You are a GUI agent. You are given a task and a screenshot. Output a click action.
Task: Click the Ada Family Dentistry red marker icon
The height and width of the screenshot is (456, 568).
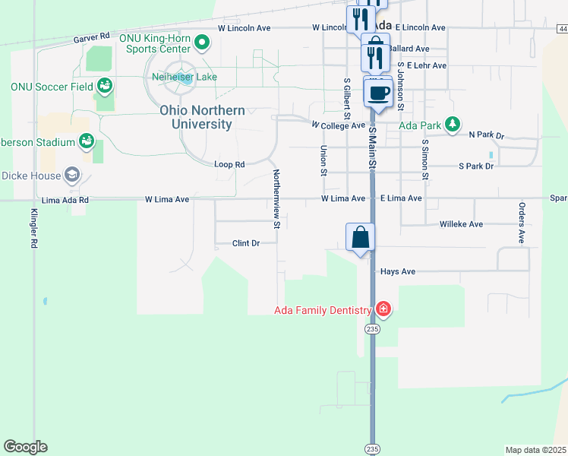(383, 309)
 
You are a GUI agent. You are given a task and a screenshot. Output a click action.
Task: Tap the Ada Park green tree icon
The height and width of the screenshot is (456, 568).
(452, 124)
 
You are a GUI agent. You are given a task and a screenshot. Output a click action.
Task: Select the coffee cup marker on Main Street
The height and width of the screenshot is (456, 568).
(378, 93)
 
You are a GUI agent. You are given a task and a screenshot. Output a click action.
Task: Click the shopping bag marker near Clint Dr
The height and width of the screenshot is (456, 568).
(361, 237)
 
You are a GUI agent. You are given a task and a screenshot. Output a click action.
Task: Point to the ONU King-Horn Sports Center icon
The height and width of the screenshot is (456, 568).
(201, 43)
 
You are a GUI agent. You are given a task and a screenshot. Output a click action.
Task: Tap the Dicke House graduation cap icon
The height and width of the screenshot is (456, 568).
(72, 175)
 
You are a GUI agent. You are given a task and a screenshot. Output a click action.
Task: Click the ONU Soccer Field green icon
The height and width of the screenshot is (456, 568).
(104, 86)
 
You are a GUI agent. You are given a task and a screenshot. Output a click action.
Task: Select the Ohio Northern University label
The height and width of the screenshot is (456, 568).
(202, 117)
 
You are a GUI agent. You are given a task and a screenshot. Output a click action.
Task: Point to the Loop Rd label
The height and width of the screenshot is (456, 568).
(229, 164)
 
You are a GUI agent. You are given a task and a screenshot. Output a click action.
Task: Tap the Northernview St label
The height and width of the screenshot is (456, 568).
(276, 198)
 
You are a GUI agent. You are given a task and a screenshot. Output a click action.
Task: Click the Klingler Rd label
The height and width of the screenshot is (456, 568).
(34, 229)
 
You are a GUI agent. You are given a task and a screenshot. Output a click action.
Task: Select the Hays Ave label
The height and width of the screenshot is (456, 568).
(397, 271)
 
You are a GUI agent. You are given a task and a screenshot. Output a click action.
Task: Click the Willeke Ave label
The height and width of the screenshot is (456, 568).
(461, 224)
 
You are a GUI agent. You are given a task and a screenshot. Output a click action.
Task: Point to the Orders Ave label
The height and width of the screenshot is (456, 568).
(522, 223)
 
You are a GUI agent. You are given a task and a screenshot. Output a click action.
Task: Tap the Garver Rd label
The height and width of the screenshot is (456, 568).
(92, 36)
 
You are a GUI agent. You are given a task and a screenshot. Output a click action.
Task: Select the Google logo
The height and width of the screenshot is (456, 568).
(25, 447)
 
